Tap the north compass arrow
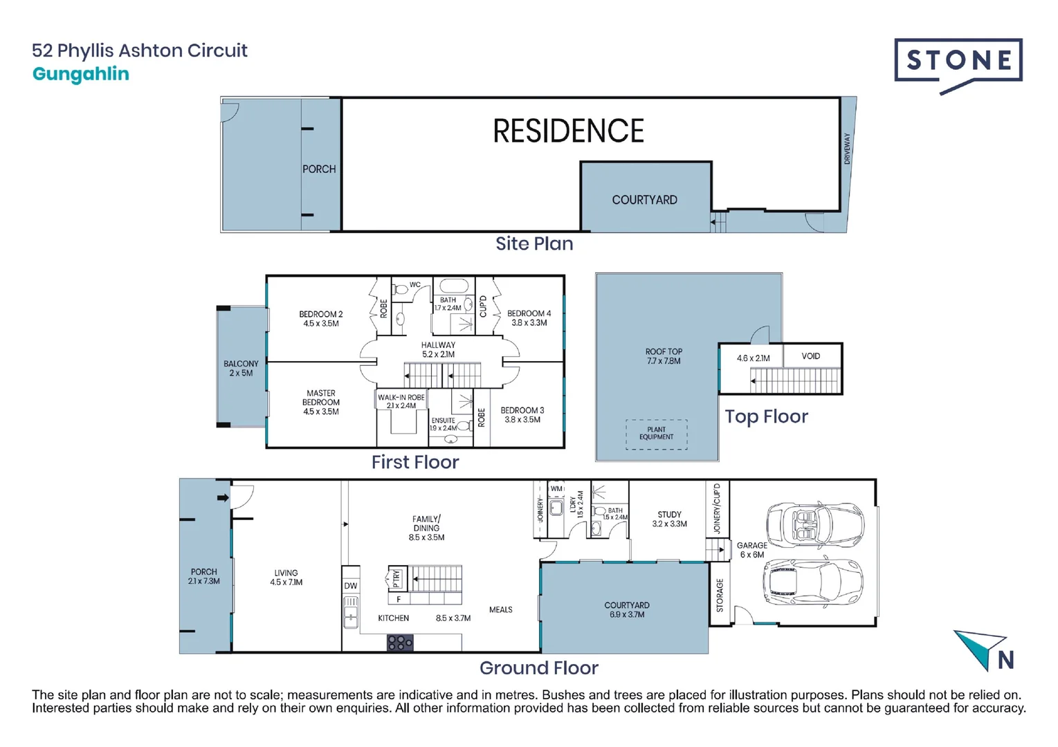tap(980, 649)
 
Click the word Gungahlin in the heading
tap(81, 74)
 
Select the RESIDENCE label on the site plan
tap(568, 131)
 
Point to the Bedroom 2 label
tap(320, 319)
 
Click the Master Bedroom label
tap(320, 402)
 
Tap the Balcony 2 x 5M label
tap(241, 368)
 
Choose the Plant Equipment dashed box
tap(657, 434)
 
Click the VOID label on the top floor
tap(810, 356)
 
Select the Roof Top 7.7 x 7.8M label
tap(664, 356)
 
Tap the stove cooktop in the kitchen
tap(400, 642)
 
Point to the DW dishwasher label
tap(350, 586)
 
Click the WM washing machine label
tap(556, 489)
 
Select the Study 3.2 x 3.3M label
tap(669, 519)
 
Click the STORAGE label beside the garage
tap(720, 596)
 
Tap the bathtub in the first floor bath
tap(453, 286)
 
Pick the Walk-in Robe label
tap(401, 401)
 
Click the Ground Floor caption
tap(539, 668)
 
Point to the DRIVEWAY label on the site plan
tap(847, 148)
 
